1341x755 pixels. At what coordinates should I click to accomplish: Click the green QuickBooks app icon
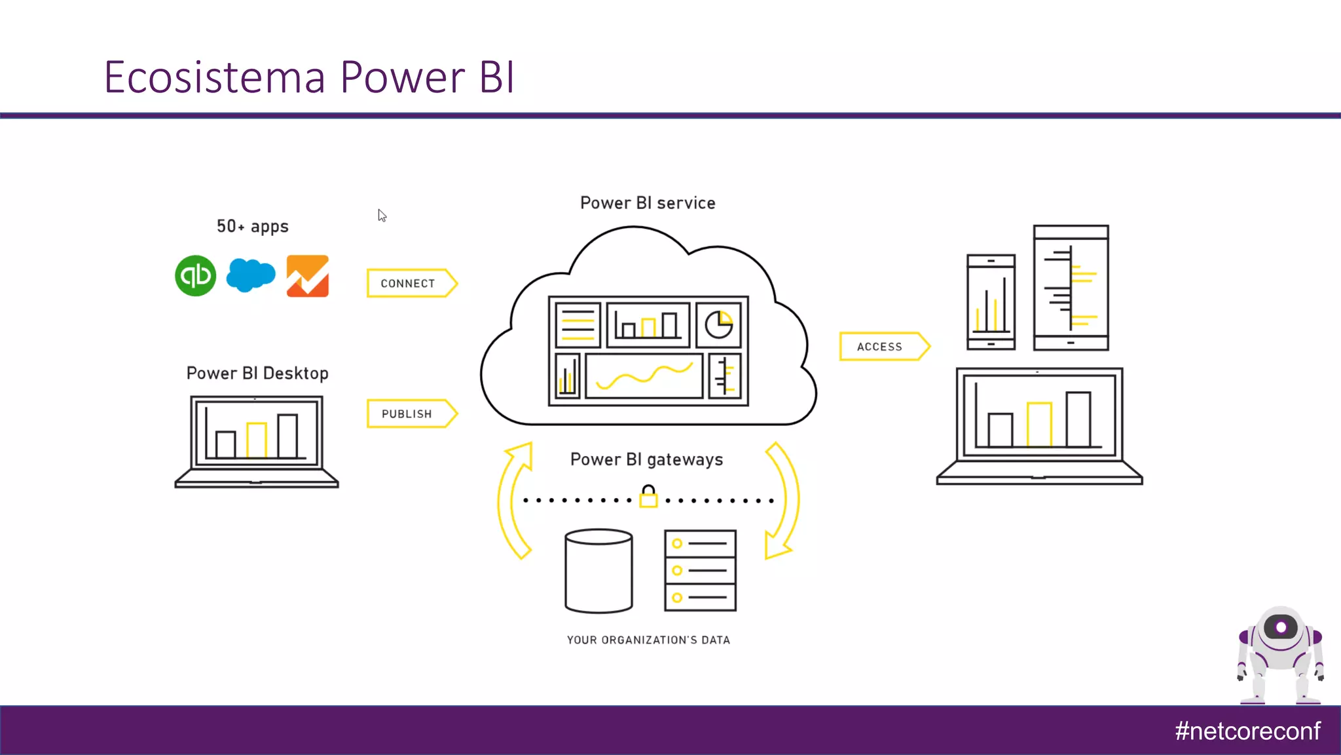[195, 275]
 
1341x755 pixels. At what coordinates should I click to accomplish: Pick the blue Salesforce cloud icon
[250, 275]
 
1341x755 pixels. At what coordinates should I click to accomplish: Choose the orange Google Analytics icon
[308, 276]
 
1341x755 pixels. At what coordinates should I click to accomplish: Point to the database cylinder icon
[598, 571]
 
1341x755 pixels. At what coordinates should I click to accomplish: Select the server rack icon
[700, 570]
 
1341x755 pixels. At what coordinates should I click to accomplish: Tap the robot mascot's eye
[1281, 627]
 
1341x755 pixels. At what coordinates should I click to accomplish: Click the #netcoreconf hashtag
[1247, 731]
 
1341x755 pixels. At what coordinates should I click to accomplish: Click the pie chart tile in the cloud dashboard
[718, 324]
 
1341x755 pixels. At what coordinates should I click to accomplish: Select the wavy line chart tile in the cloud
[644, 376]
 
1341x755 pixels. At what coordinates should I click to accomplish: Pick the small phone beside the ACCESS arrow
[991, 301]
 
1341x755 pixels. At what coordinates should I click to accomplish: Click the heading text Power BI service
[648, 203]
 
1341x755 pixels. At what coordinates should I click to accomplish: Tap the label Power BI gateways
[646, 459]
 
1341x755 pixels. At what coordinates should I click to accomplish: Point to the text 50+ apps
[252, 226]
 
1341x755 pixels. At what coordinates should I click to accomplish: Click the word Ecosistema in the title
[214, 77]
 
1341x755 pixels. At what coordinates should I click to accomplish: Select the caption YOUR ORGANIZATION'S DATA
[648, 640]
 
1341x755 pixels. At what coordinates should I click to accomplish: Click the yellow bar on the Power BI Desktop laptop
[256, 440]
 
